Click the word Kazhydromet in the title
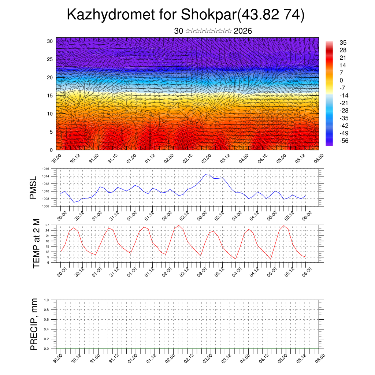(109, 15)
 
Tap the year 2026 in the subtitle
(242, 31)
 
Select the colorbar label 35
(343, 43)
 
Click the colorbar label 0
(341, 80)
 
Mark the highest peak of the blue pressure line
(205, 174)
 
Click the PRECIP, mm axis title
(34, 324)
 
